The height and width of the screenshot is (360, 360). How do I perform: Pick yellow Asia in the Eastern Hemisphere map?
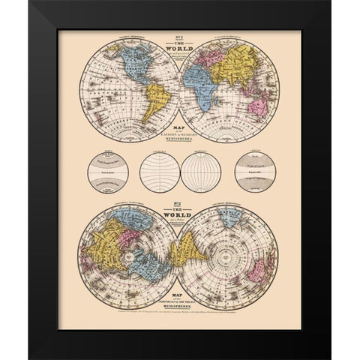[x=240, y=60]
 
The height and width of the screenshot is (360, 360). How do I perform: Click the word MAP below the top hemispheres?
[x=180, y=125]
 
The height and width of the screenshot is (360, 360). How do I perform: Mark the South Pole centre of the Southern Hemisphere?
[x=232, y=250]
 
